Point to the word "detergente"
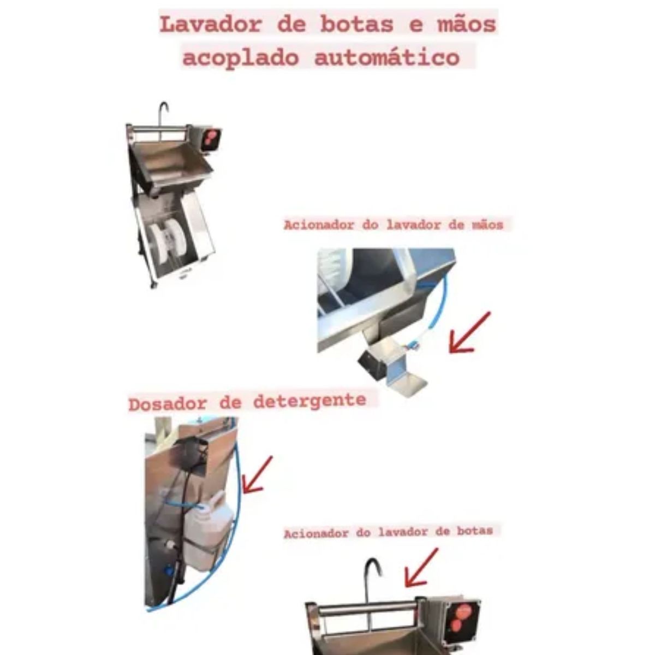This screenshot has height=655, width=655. (309, 401)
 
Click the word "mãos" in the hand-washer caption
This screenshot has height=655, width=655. (487, 224)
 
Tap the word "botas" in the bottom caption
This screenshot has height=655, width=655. (476, 531)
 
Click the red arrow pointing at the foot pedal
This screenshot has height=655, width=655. (468, 332)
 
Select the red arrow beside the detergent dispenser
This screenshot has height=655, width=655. (257, 475)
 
